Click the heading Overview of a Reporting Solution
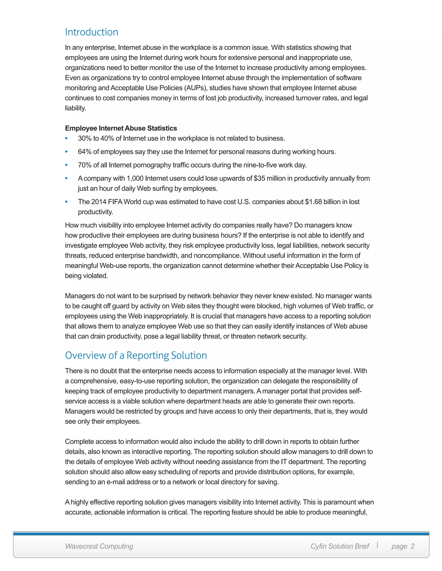tap(136, 355)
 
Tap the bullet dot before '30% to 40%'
tap(66, 138)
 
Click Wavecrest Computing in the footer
tap(99, 546)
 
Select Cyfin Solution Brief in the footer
tap(340, 546)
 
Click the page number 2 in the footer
tap(412, 546)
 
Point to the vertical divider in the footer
tap(377, 545)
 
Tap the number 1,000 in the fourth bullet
tap(135, 178)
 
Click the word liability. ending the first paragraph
tap(75, 108)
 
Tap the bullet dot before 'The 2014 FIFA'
tap(66, 202)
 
